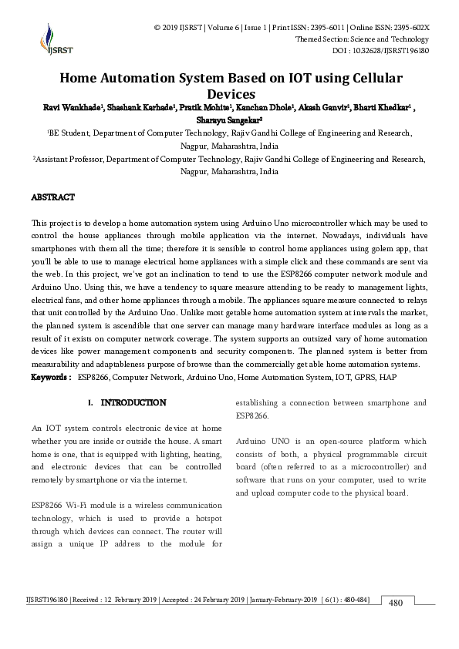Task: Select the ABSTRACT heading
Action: [52, 198]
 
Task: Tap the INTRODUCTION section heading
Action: [133, 403]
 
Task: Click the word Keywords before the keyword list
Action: [50, 378]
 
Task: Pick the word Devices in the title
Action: [230, 93]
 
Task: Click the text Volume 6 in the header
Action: [224, 28]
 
